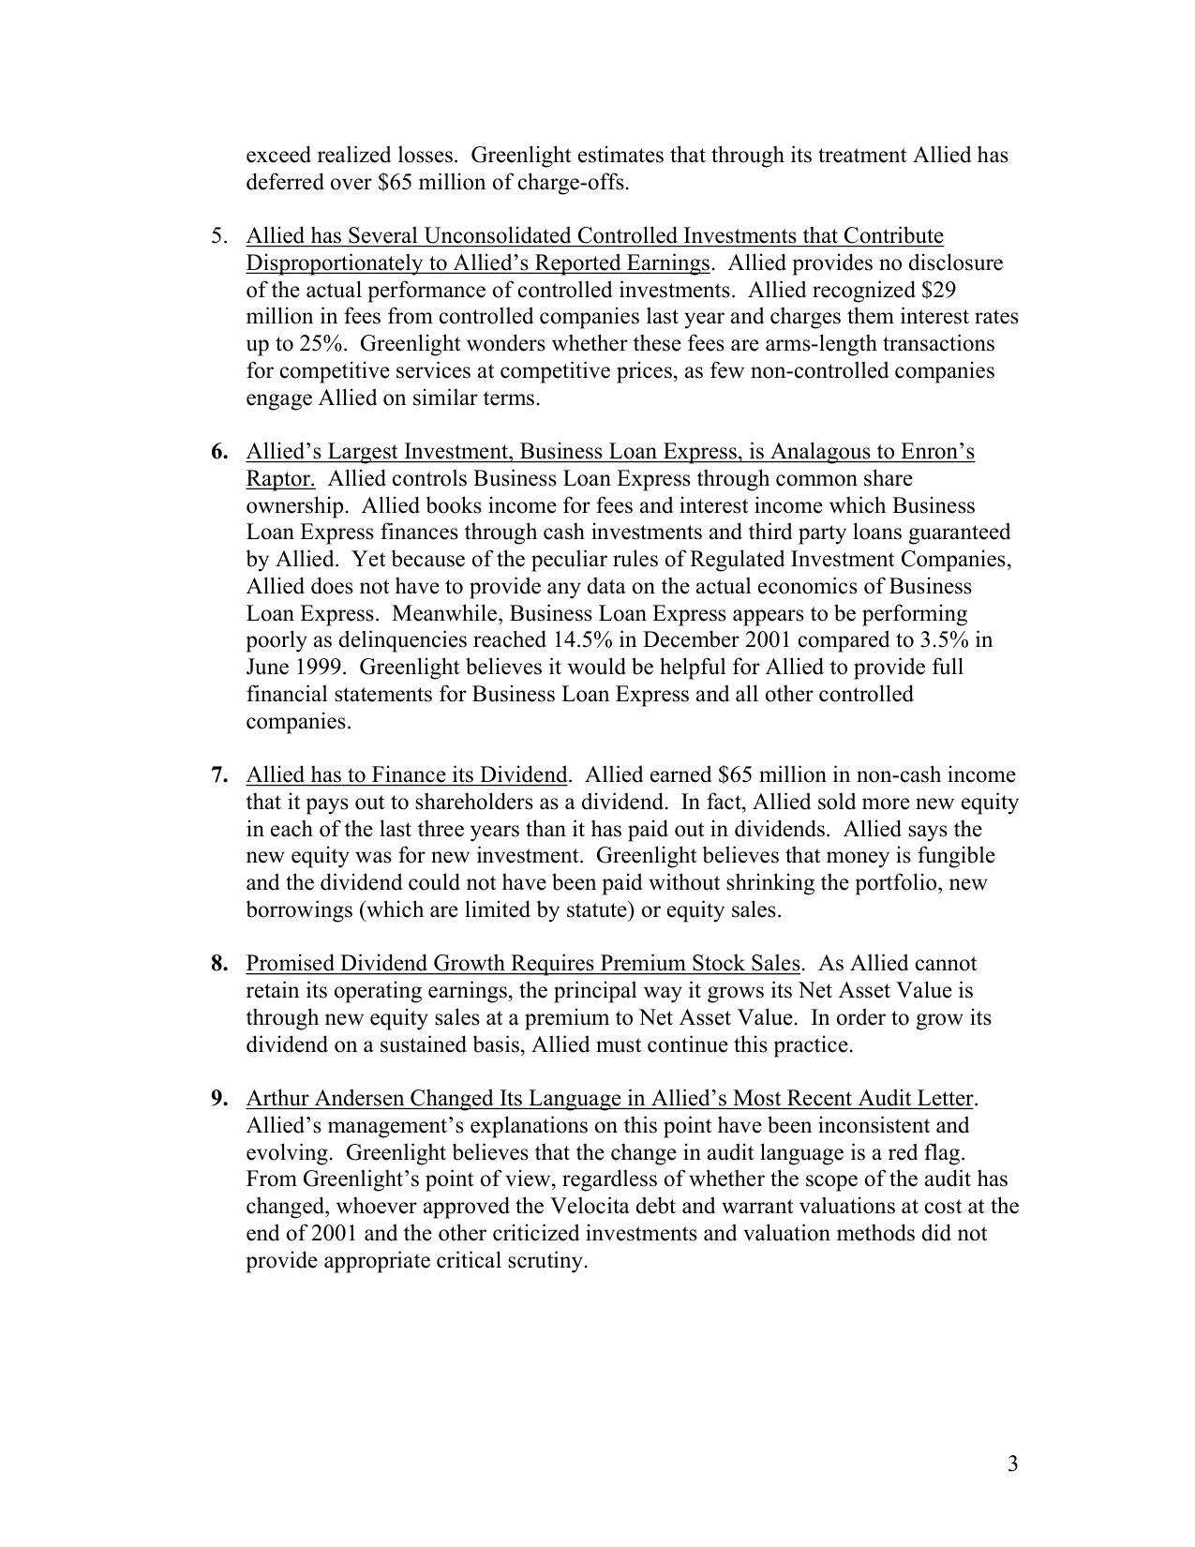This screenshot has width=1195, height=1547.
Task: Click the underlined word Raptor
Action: [279, 479]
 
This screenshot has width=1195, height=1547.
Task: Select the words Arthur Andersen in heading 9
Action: [325, 1099]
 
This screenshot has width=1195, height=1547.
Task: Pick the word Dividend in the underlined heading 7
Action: [523, 775]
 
